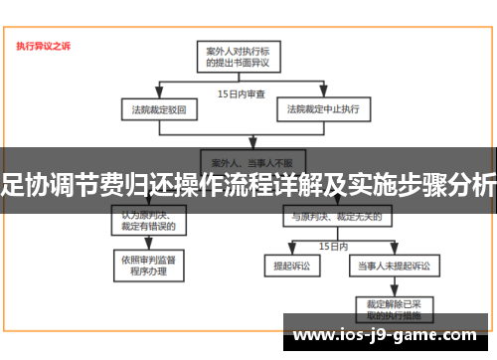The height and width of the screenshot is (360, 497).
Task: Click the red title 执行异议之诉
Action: (x=43, y=46)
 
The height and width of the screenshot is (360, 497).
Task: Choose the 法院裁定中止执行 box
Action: (x=324, y=107)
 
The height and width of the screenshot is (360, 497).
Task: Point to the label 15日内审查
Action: (x=242, y=93)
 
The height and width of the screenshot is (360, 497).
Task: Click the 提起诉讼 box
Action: (x=285, y=267)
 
